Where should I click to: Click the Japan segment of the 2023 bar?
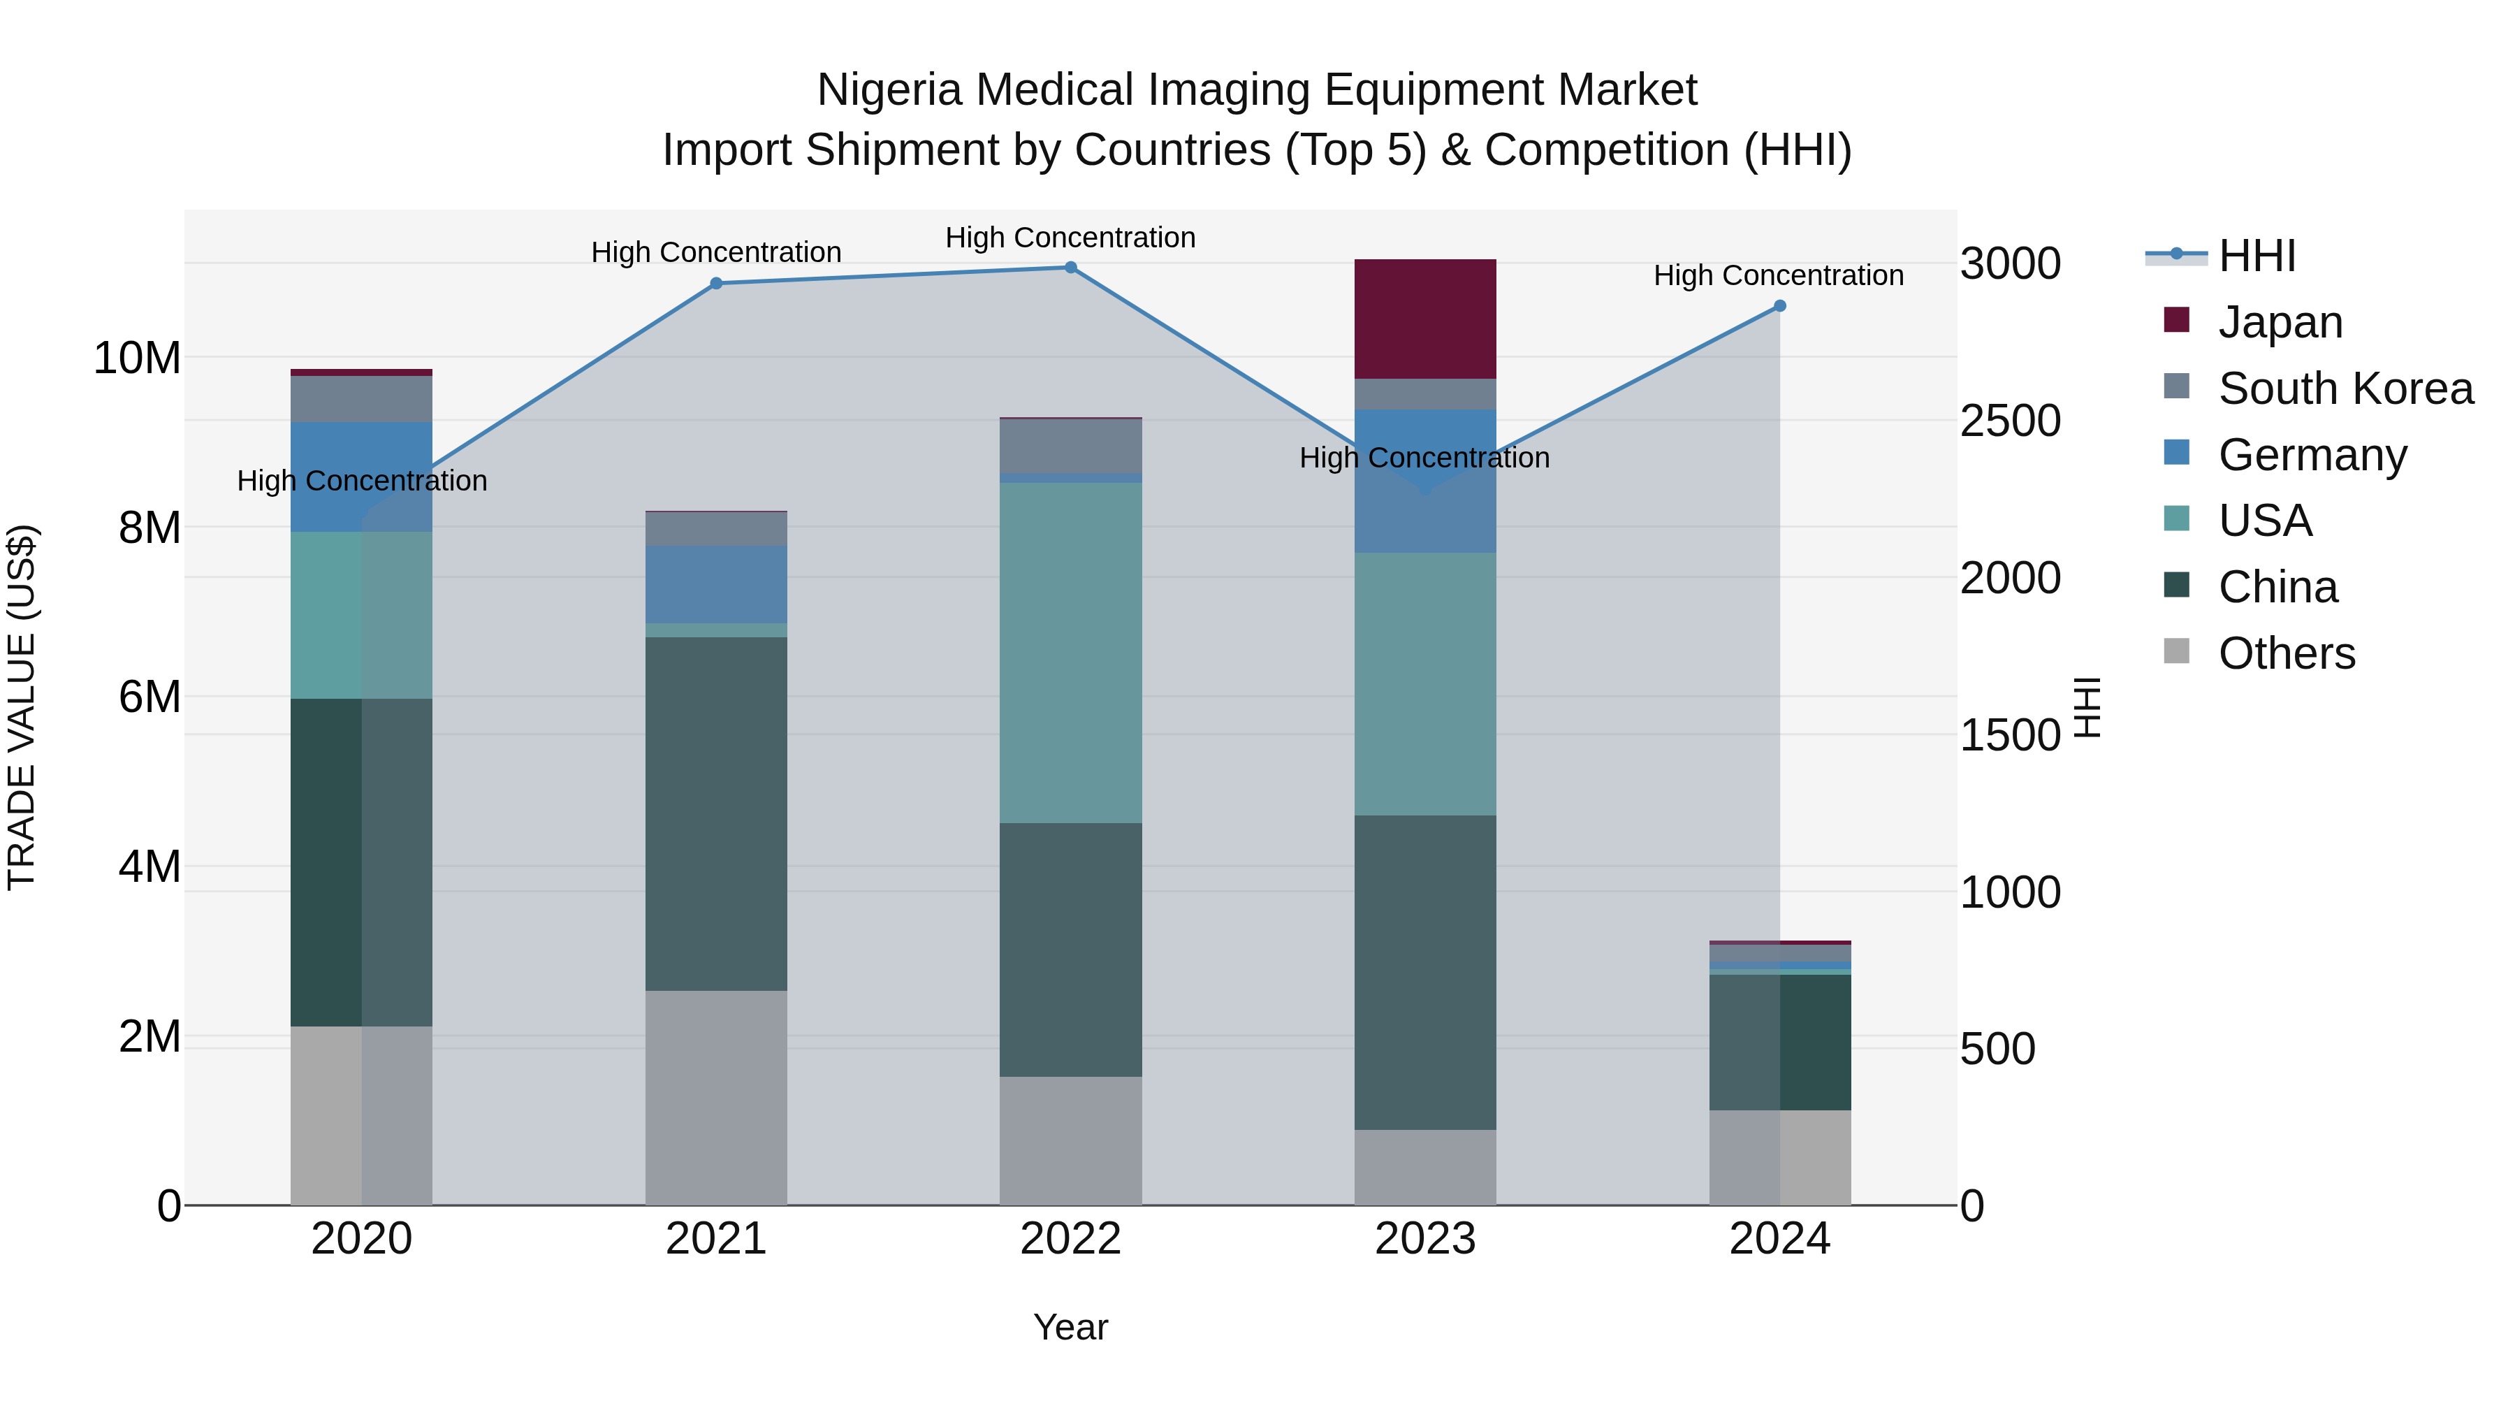(1424, 319)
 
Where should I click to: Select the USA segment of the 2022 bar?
(1070, 653)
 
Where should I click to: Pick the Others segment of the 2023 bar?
(1424, 1167)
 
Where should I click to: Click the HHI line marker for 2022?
(1070, 268)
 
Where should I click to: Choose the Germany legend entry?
(2312, 455)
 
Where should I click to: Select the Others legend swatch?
(2176, 651)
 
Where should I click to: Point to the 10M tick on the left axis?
(137, 358)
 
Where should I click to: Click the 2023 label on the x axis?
(1424, 1239)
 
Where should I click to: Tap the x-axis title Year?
(1070, 1327)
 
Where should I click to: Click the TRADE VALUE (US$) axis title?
(22, 707)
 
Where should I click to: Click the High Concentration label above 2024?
(1778, 275)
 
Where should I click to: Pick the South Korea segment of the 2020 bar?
(361, 398)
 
